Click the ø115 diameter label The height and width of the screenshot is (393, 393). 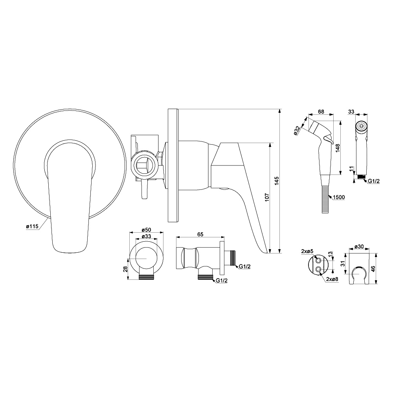tap(32, 227)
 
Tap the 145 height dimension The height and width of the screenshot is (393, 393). tap(276, 181)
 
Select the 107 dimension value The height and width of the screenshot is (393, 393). tap(267, 197)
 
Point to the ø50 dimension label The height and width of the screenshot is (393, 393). tap(146, 230)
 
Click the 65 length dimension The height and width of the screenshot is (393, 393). tap(200, 234)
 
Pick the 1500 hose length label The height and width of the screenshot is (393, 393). tap(339, 197)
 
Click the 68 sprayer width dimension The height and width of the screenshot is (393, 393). tap(321, 112)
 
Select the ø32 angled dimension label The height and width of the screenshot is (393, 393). tap(297, 131)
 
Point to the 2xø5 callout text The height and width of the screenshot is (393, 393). tap(307, 252)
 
